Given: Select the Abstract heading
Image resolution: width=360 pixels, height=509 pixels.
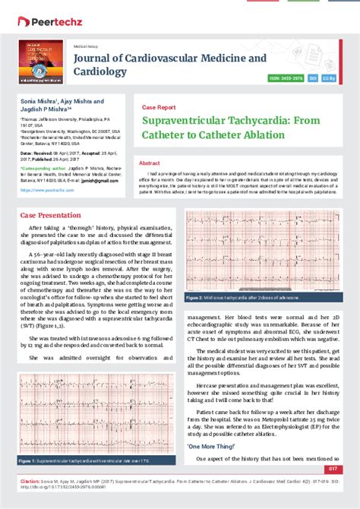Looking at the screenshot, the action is [x=149, y=163].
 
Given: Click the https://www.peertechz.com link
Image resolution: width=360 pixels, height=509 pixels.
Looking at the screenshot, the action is [x=42, y=191].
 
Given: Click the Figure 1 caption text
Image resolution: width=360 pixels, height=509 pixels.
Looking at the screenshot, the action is [x=76, y=461].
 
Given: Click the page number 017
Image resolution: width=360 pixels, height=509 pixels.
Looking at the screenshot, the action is [x=343, y=469].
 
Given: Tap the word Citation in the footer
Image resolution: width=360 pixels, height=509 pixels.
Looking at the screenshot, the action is [x=30, y=482].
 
